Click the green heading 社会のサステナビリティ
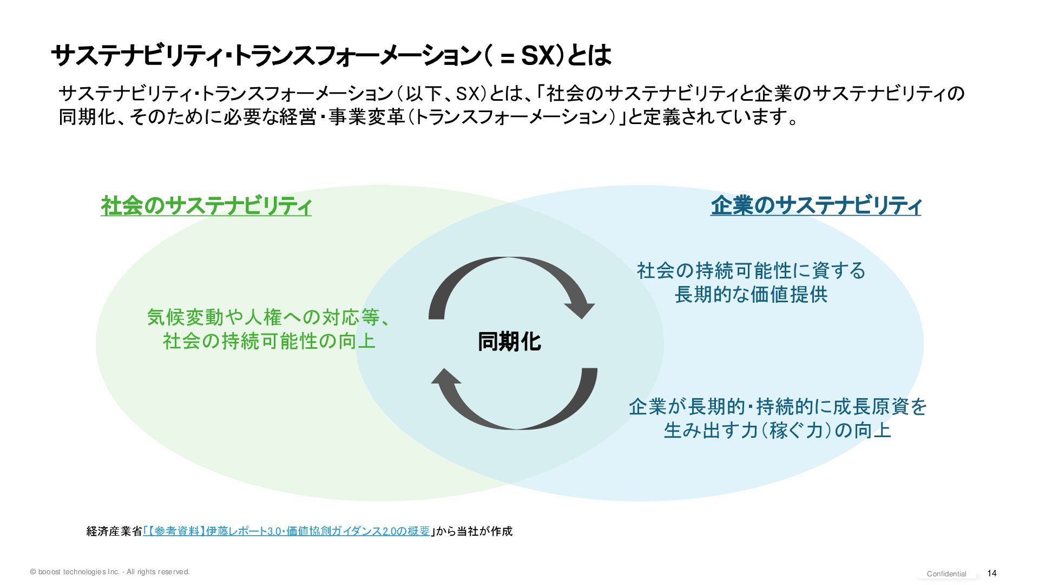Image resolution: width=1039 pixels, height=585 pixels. click(206, 206)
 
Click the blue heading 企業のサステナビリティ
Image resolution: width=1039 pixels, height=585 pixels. click(816, 206)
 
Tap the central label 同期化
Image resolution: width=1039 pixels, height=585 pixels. click(509, 342)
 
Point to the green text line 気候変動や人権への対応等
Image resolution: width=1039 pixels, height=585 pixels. click(268, 317)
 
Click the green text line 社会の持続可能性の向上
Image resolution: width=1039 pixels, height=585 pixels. click(269, 341)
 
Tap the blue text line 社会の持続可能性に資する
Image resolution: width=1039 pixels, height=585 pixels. click(751, 270)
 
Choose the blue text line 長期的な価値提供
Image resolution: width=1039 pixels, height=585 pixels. click(751, 295)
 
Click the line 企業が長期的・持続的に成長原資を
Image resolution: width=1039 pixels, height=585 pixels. click(778, 406)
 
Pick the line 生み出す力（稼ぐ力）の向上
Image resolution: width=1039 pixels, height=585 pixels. click(778, 431)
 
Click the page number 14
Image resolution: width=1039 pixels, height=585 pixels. click(992, 573)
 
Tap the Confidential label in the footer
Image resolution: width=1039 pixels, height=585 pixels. click(946, 574)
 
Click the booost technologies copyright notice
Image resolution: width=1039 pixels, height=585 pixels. click(110, 571)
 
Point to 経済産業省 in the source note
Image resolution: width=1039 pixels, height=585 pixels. click(114, 531)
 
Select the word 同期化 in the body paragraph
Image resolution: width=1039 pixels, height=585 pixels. click(87, 117)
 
